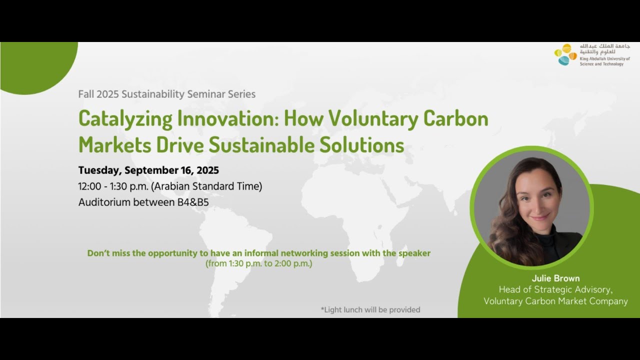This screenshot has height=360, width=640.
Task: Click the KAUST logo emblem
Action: click(565, 54)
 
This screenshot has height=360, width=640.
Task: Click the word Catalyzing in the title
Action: click(125, 119)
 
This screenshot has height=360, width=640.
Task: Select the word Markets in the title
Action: click(114, 145)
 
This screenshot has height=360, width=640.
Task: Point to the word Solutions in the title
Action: click(361, 145)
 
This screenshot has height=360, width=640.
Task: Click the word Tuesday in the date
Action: click(100, 170)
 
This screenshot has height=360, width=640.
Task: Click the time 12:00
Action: click(89, 186)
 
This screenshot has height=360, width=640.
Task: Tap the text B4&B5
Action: click(193, 202)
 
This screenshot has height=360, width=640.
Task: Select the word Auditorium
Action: click(104, 202)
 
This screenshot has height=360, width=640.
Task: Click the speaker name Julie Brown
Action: click(555, 278)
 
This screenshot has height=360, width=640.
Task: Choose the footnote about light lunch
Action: click(370, 309)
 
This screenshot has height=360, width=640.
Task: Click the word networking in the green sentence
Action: click(304, 253)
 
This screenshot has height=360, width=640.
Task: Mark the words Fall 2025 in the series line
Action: click(98, 94)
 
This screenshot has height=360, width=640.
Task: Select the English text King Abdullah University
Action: click(605, 58)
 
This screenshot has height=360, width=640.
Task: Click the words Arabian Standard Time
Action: click(206, 186)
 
